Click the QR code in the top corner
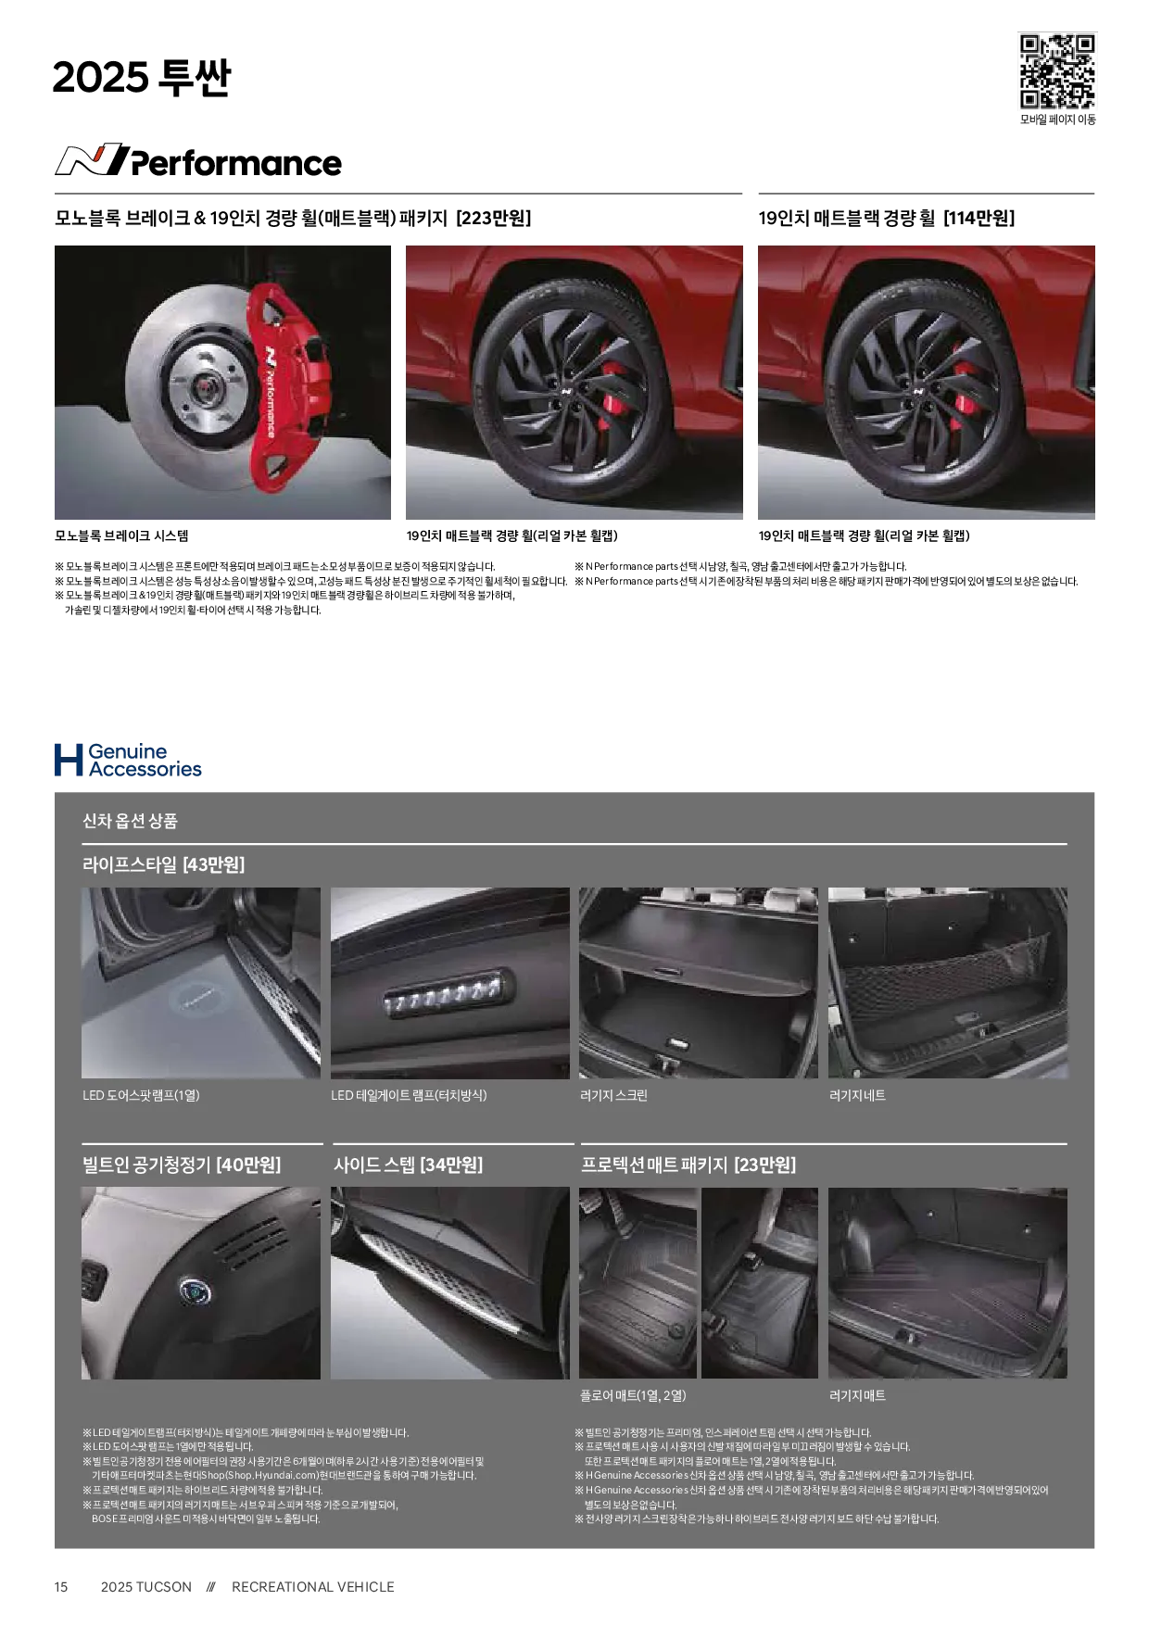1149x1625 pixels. (1057, 71)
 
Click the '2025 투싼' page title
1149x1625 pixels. (141, 78)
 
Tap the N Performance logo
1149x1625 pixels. (198, 160)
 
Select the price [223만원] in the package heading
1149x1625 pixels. (494, 219)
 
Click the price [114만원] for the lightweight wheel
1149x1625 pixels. (979, 219)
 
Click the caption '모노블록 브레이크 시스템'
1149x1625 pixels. (121, 535)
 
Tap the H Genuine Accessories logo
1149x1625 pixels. (128, 760)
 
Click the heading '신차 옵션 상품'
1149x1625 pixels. (130, 821)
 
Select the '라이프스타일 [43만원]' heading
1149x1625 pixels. (163, 865)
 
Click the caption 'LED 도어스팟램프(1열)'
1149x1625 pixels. (141, 1095)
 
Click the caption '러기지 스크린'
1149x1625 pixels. (613, 1095)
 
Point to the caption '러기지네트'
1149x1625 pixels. (857, 1095)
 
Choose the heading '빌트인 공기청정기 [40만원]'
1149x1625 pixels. (182, 1165)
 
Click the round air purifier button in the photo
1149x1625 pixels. (196, 1291)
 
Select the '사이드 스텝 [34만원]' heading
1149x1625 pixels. (408, 1165)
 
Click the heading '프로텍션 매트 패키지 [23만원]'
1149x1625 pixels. (688, 1165)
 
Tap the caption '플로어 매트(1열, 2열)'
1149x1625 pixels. (633, 1395)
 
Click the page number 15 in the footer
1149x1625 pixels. (61, 1587)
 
